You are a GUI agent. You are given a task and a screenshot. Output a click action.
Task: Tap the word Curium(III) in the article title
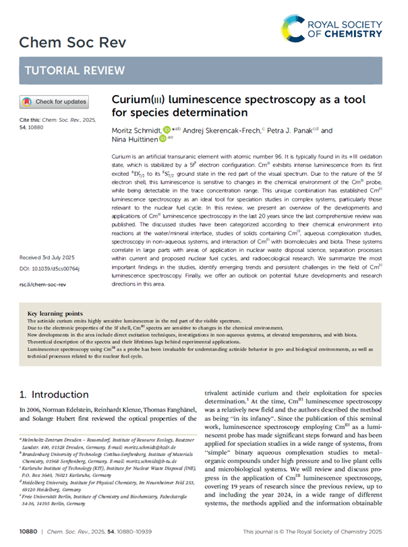click(140, 98)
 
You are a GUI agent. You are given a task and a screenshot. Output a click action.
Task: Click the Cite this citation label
click(31, 119)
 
